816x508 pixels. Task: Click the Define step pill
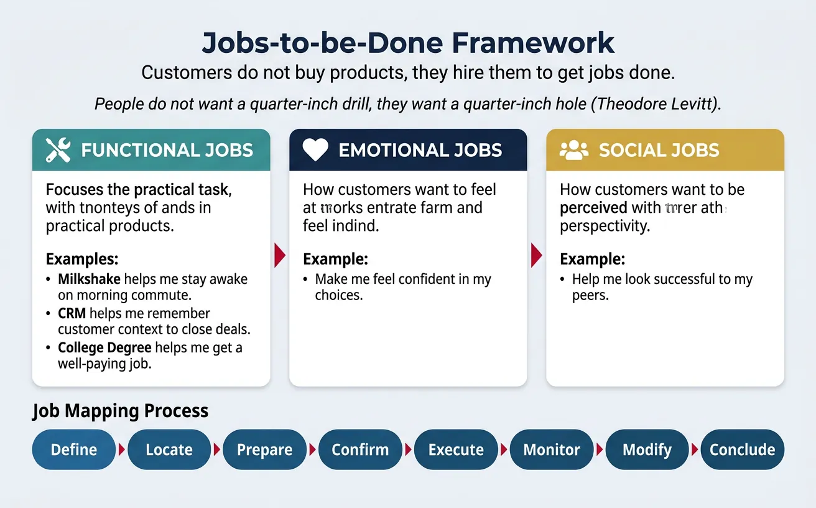point(74,449)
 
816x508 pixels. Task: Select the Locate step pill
point(169,449)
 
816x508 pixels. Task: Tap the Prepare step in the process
point(264,449)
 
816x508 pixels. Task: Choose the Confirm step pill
point(360,449)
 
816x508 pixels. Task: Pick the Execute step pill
point(456,449)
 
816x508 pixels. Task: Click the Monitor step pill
point(552,449)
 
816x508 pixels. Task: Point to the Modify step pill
point(647,449)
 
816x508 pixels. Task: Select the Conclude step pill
point(742,449)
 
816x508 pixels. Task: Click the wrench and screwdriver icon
point(58,150)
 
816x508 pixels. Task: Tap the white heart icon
point(315,150)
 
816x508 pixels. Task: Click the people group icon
point(573,149)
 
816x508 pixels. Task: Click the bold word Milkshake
point(90,280)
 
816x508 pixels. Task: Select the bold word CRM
point(72,313)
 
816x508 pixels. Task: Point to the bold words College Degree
point(104,347)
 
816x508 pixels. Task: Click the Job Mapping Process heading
point(120,411)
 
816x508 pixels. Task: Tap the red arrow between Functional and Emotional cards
point(279,255)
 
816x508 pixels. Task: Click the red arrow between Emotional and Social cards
point(536,255)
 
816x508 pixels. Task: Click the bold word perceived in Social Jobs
point(593,207)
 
